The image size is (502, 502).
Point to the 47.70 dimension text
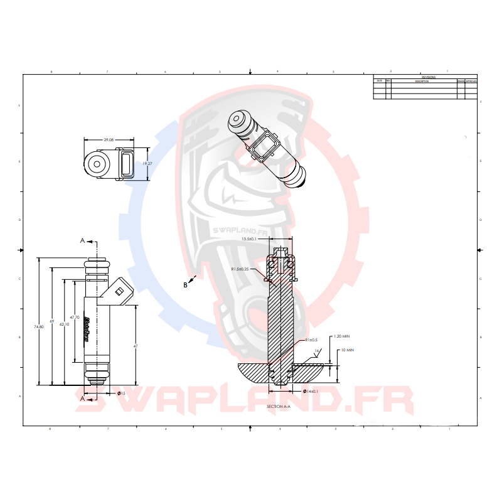pos(74,318)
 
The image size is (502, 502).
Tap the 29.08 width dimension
pos(108,140)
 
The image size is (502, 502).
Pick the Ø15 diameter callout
pos(121,393)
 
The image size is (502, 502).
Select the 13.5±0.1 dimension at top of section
pos(250,239)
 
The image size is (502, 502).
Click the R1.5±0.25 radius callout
pos(240,269)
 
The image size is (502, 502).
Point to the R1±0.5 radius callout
pos(311,339)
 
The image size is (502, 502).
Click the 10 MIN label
pos(348,350)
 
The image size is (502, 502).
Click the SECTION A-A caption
pos(279,407)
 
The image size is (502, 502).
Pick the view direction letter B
pos(185,285)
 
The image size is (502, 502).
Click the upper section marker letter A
pos(82,240)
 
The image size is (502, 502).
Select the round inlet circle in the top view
pos(97,165)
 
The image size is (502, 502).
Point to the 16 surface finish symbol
pos(317,351)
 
